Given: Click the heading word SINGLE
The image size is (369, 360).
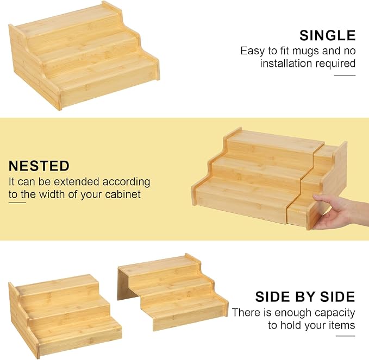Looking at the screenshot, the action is [327, 35].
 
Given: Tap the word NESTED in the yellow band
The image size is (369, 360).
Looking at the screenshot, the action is [39, 166].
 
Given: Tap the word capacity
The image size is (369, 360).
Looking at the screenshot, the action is [335, 313].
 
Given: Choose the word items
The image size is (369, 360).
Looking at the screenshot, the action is [342, 325].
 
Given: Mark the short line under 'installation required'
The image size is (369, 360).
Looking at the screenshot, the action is [345, 75].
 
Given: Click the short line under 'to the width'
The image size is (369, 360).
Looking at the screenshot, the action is [17, 203].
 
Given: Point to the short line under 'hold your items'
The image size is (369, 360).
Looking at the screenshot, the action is [345, 336].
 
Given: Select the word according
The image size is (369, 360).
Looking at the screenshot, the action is [126, 182].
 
